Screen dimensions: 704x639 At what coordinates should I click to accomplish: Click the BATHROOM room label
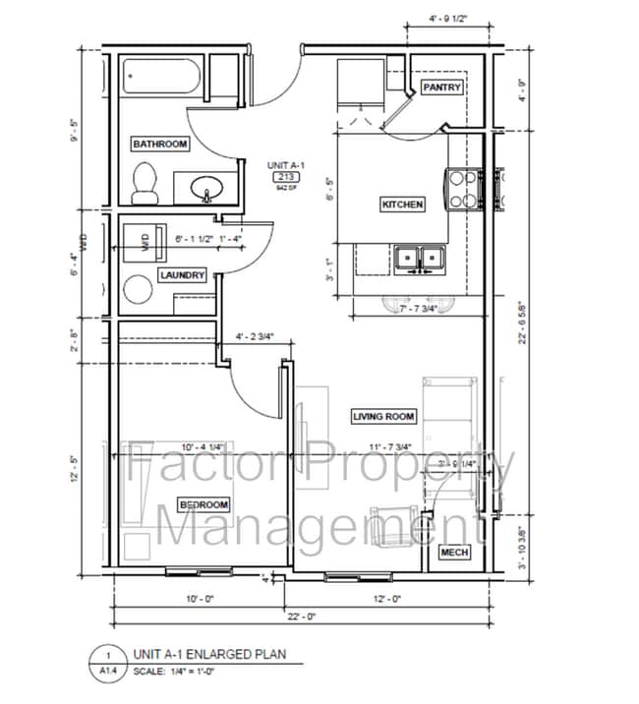tap(159, 145)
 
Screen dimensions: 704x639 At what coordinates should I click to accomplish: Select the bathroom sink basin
tap(206, 186)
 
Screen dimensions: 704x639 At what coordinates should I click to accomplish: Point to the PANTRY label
tap(441, 88)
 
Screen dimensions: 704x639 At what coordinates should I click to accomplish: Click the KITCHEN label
tap(402, 205)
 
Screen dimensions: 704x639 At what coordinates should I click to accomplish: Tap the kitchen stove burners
tap(463, 189)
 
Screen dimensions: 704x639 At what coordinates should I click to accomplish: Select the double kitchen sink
tap(420, 259)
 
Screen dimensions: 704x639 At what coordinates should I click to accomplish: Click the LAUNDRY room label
tap(183, 275)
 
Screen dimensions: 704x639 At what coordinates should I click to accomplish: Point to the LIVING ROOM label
tap(384, 416)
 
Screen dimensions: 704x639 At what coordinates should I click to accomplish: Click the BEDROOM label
tap(203, 504)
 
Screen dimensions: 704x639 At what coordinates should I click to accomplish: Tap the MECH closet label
tap(454, 553)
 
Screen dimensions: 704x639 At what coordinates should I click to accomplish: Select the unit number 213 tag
tap(287, 177)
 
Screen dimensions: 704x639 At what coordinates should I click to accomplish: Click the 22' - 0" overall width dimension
tap(300, 616)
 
